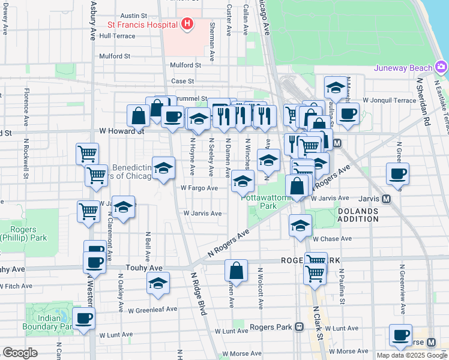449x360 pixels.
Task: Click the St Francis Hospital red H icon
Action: click(x=187, y=25)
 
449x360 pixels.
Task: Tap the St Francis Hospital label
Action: click(x=142, y=25)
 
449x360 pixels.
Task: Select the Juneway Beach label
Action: click(x=403, y=67)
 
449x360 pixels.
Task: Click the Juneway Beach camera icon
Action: click(x=442, y=67)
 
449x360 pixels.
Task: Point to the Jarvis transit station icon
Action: click(x=387, y=199)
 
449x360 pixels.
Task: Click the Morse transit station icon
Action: click(x=431, y=342)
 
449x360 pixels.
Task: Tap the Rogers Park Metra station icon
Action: click(x=299, y=327)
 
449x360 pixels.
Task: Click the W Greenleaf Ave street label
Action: click(x=152, y=310)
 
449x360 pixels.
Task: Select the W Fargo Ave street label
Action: click(x=199, y=188)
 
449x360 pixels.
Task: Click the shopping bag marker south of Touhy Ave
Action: click(x=237, y=271)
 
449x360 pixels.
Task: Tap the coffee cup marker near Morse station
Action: click(x=400, y=335)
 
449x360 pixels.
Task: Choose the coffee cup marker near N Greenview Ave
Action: click(x=397, y=174)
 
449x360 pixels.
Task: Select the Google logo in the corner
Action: click(x=20, y=353)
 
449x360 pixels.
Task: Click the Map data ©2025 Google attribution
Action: click(x=412, y=355)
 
